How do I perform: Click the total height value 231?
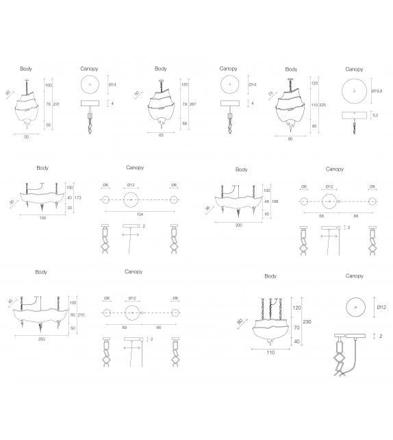(58, 104)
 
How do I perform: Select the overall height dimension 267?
(192, 104)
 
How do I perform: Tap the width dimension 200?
(239, 225)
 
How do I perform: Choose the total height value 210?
(81, 315)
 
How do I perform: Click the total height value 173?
(79, 197)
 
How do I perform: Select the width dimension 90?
(291, 137)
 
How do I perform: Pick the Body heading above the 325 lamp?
(291, 69)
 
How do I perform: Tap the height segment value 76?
(49, 104)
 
